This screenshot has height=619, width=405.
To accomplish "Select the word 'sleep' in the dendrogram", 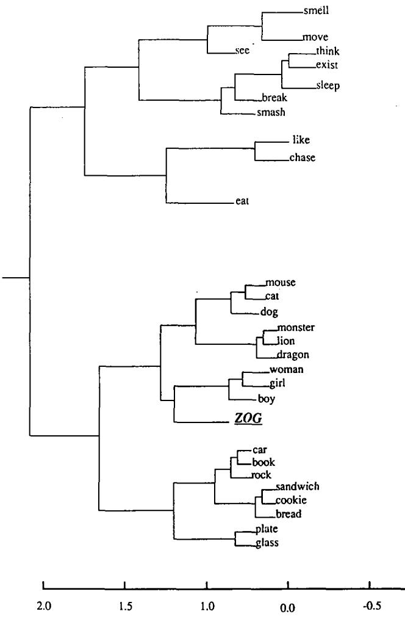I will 328,85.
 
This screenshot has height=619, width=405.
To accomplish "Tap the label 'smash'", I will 271,112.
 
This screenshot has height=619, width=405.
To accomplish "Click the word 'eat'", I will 243,200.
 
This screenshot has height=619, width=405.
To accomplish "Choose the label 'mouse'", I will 281,283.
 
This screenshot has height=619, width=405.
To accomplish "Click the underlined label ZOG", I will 248,419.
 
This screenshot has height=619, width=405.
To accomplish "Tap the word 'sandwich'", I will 298,487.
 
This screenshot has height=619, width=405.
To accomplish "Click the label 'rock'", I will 260,475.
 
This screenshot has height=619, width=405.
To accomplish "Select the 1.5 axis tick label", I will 124,606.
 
